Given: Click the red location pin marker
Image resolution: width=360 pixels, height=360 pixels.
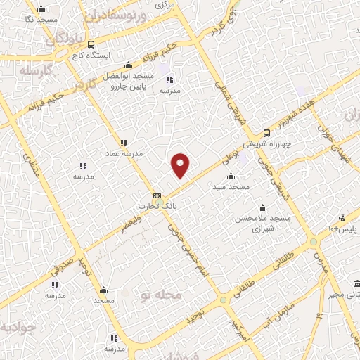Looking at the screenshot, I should [x=181, y=165].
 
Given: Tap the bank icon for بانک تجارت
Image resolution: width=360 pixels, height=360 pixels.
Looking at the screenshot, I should [x=157, y=195].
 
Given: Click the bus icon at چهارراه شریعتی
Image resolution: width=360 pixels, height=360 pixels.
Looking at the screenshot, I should [x=266, y=132].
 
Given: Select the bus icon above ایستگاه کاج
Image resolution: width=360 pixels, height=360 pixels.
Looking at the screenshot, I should [x=73, y=44].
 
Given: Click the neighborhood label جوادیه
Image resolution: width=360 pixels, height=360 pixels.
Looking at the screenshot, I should [x=15, y=328].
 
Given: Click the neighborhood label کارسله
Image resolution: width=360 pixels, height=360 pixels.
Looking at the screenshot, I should [x=33, y=72].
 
